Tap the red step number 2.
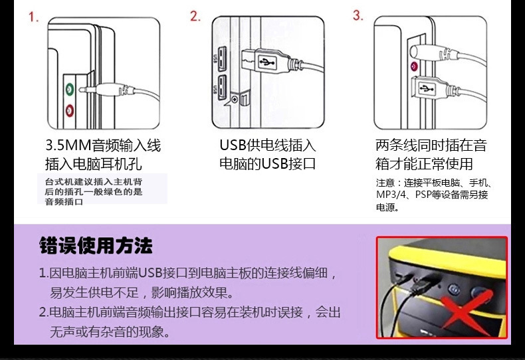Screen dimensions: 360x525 pos(195,17)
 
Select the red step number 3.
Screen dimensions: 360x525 pos(358,15)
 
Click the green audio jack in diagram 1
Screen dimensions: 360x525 pos(68,88)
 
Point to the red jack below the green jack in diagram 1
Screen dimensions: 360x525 pos(68,110)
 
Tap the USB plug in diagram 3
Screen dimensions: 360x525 pos(425,87)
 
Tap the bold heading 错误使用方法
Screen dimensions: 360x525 pos(96,246)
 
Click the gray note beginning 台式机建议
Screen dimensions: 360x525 pos(93,191)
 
